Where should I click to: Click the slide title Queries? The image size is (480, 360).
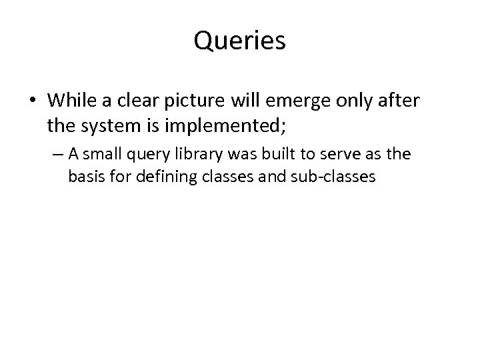click(x=240, y=41)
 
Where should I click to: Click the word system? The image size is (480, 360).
click(x=122, y=124)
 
